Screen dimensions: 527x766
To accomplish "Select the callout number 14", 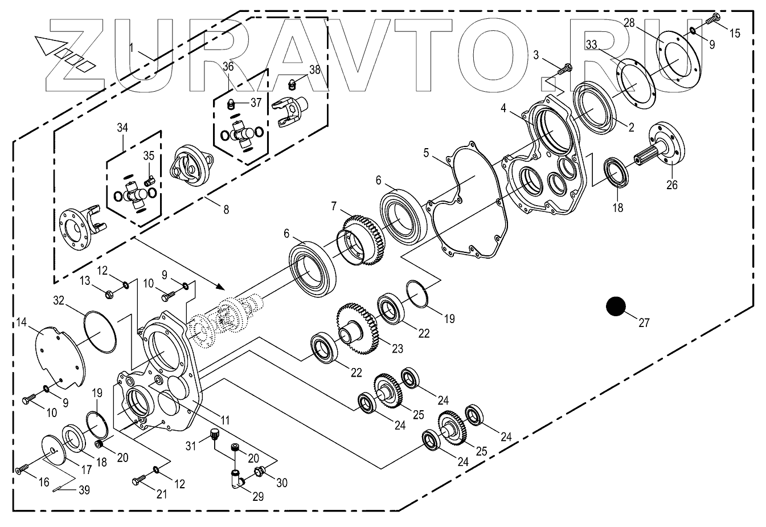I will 21,323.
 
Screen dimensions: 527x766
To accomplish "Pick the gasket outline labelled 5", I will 467,199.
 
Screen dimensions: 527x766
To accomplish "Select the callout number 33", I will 591,44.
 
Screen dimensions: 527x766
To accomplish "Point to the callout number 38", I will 314,70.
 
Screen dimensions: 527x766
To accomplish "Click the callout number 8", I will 226,209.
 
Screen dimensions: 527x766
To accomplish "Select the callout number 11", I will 225,420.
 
